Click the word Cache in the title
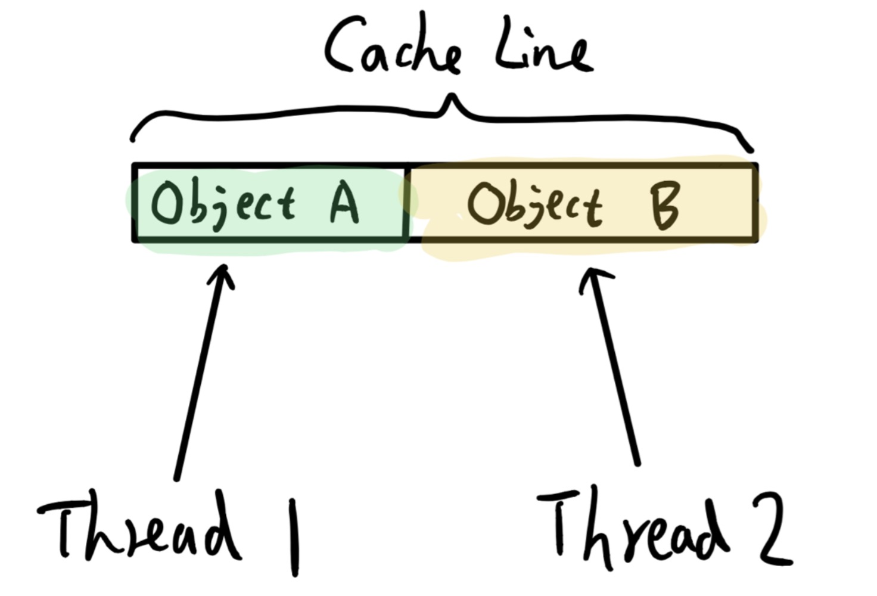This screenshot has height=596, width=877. coord(393,48)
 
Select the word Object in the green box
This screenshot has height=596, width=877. coord(223,204)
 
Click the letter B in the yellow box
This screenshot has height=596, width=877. coord(664,206)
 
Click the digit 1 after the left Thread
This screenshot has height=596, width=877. coord(293,536)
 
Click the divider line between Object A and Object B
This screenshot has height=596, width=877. coord(407,203)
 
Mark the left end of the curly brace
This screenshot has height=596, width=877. coord(132,139)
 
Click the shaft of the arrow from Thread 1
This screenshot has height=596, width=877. coord(200,375)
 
